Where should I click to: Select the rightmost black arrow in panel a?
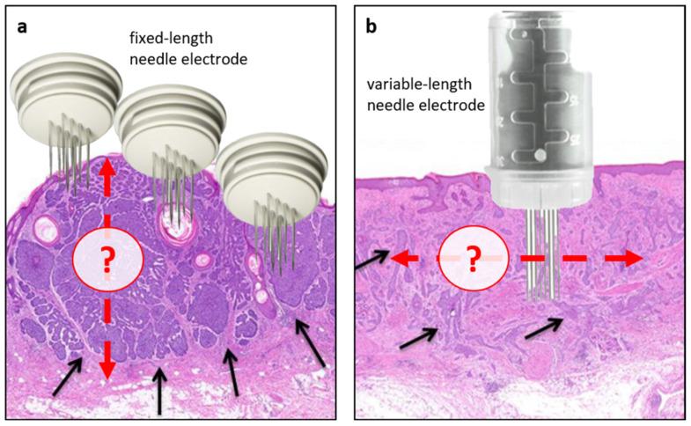pos(310,342)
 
